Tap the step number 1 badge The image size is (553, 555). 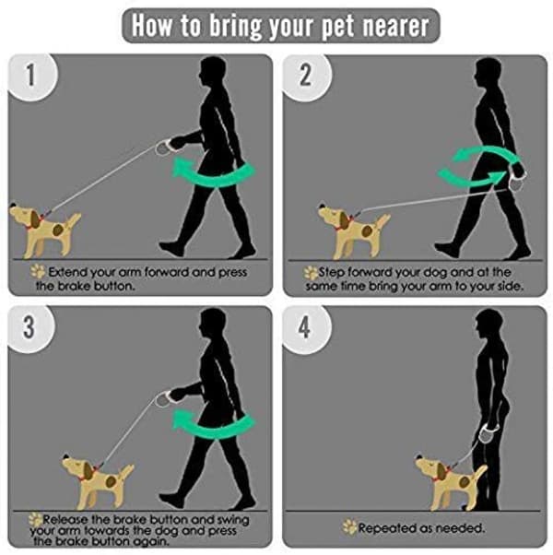click(31, 77)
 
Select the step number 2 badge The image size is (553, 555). click(306, 77)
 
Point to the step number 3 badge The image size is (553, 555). click(30, 328)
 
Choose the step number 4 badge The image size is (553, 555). click(306, 328)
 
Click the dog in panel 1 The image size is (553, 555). click(44, 230)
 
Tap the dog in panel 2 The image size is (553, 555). click(354, 230)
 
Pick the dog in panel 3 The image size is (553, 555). click(98, 481)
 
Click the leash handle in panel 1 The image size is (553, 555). click(165, 147)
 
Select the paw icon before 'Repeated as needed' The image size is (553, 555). click(349, 527)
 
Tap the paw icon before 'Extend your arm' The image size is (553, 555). click(38, 271)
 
